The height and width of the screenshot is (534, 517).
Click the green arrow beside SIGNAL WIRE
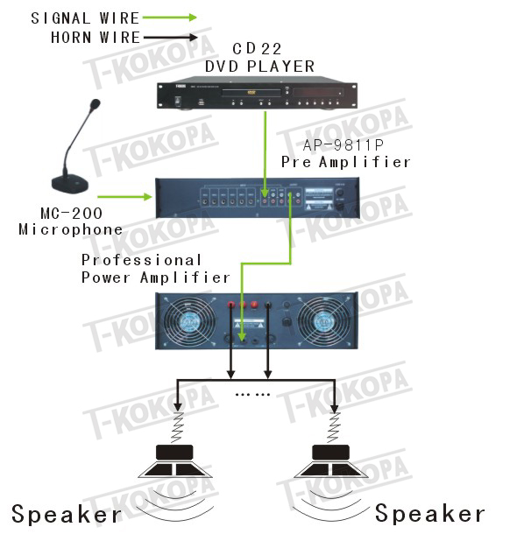click(169, 18)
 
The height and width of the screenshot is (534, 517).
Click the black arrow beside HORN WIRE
click(170, 38)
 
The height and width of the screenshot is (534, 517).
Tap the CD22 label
click(257, 49)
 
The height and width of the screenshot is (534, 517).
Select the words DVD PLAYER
click(259, 67)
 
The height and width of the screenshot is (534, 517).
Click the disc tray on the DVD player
click(251, 92)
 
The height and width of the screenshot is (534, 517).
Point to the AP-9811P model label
click(343, 145)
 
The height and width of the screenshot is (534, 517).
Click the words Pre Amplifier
click(345, 162)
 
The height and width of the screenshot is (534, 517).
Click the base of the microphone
click(70, 184)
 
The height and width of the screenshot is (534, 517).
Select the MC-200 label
click(71, 214)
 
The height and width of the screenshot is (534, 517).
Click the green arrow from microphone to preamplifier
click(124, 196)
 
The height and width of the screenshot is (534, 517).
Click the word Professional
click(141, 260)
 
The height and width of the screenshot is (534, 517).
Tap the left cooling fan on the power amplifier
click(190, 321)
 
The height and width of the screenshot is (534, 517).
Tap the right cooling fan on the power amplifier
click(323, 321)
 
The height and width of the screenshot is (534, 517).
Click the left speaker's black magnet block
click(174, 453)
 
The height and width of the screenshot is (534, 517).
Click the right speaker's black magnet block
click(330, 453)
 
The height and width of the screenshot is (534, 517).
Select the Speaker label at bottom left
click(67, 514)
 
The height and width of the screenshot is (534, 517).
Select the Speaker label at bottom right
click(429, 513)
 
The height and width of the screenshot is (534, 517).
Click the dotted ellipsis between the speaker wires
click(252, 395)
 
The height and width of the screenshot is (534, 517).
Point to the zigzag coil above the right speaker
click(334, 427)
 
